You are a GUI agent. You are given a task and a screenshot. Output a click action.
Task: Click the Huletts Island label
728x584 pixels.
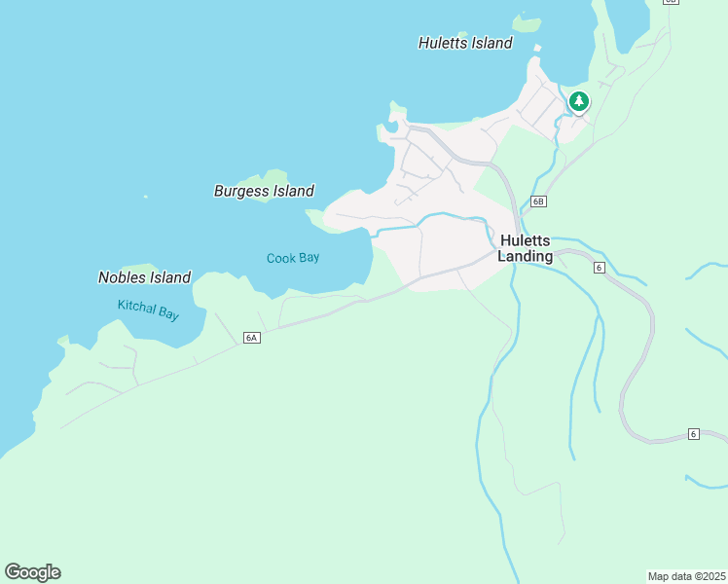[x=465, y=43]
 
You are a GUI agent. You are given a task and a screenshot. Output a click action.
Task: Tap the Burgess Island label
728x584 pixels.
[x=264, y=191]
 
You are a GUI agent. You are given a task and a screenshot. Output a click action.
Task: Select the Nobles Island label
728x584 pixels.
[x=144, y=277]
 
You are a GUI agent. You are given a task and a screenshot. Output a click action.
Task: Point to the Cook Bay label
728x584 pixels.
[x=293, y=258]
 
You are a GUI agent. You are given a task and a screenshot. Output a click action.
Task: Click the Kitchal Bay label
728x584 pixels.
[x=148, y=310]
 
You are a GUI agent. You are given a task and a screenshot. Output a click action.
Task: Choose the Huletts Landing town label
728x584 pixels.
[x=526, y=248]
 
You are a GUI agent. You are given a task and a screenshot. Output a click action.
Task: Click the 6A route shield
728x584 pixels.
[x=251, y=337]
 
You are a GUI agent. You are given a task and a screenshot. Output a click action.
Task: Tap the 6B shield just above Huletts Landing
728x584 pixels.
[x=539, y=202]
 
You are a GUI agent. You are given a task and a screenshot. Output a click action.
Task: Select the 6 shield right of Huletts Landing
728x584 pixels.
[x=600, y=267]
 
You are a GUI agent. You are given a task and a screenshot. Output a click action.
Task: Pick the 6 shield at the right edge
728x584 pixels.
[x=693, y=433]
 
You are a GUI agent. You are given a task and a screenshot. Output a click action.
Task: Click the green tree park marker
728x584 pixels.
[x=579, y=101]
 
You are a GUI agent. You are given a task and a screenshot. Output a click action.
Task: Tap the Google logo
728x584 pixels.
[x=32, y=572]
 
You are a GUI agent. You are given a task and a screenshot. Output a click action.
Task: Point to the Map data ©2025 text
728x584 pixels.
[x=686, y=575]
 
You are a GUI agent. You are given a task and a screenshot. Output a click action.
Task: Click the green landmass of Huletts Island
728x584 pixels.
[x=527, y=22]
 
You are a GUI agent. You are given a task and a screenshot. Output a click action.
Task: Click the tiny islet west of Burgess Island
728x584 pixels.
[x=146, y=197]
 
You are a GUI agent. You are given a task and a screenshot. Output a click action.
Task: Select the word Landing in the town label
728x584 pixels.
[x=526, y=257]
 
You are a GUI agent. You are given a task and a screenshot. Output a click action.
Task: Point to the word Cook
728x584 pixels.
[x=280, y=258]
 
